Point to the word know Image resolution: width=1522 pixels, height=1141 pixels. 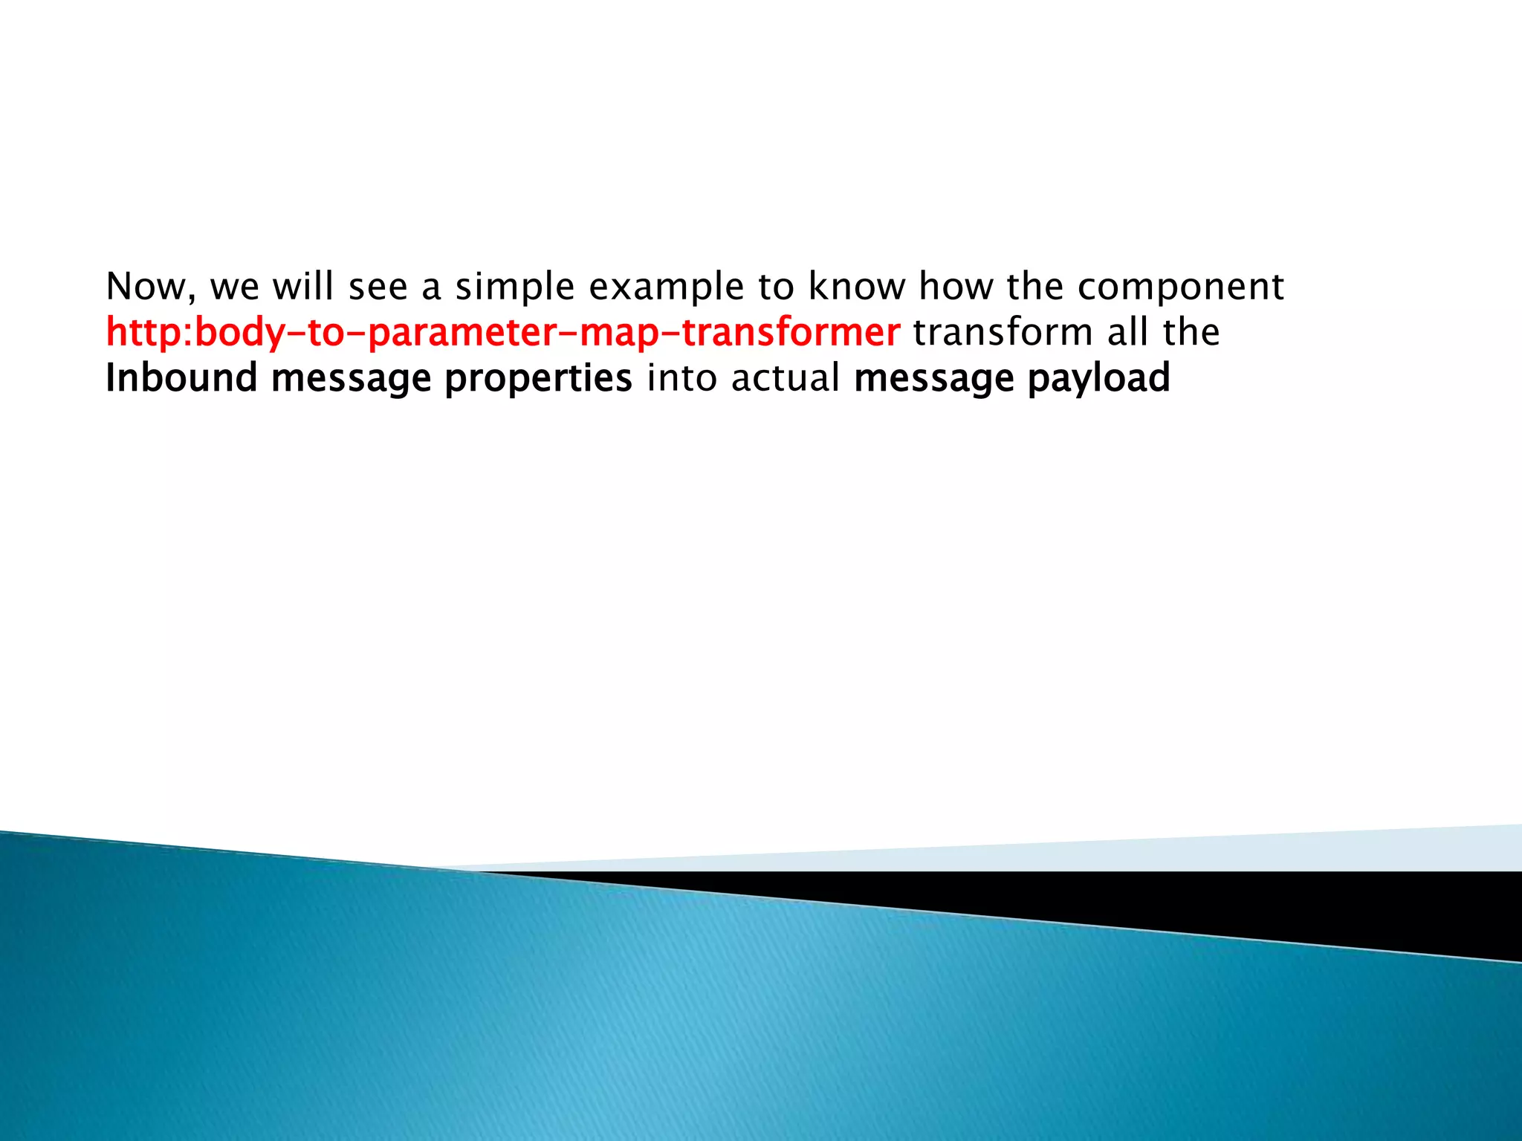pos(855,287)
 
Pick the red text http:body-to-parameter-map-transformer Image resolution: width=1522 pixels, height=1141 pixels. pos(502,332)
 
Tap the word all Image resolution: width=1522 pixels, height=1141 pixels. pos(1127,332)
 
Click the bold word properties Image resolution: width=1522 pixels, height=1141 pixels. pos(538,379)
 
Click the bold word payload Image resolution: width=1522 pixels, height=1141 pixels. pos(1098,379)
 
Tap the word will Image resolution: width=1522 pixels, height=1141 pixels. pos(303,287)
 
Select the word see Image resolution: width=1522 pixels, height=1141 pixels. pos(378,287)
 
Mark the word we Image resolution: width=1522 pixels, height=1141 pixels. pos(235,288)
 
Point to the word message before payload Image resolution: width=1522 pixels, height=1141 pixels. pos(933,379)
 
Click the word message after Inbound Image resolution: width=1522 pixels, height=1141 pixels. pos(351,379)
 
